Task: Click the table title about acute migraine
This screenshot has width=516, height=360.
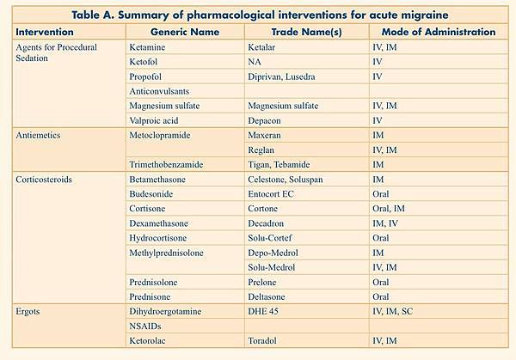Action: tap(258, 14)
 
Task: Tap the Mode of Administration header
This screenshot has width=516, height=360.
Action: tap(433, 32)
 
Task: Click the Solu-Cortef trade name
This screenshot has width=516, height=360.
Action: tap(273, 237)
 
